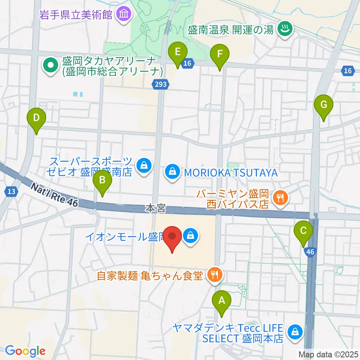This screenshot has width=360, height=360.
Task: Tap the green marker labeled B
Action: coord(102,181)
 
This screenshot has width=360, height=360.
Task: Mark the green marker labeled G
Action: coord(324,106)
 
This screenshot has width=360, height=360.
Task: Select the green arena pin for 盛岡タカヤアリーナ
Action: coord(49,65)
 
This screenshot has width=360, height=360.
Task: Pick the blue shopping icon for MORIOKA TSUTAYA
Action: coord(172,172)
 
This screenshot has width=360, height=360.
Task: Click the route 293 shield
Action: coord(160,85)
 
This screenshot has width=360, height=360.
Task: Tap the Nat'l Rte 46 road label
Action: coord(55,194)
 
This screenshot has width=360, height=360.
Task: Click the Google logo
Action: coord(25,351)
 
